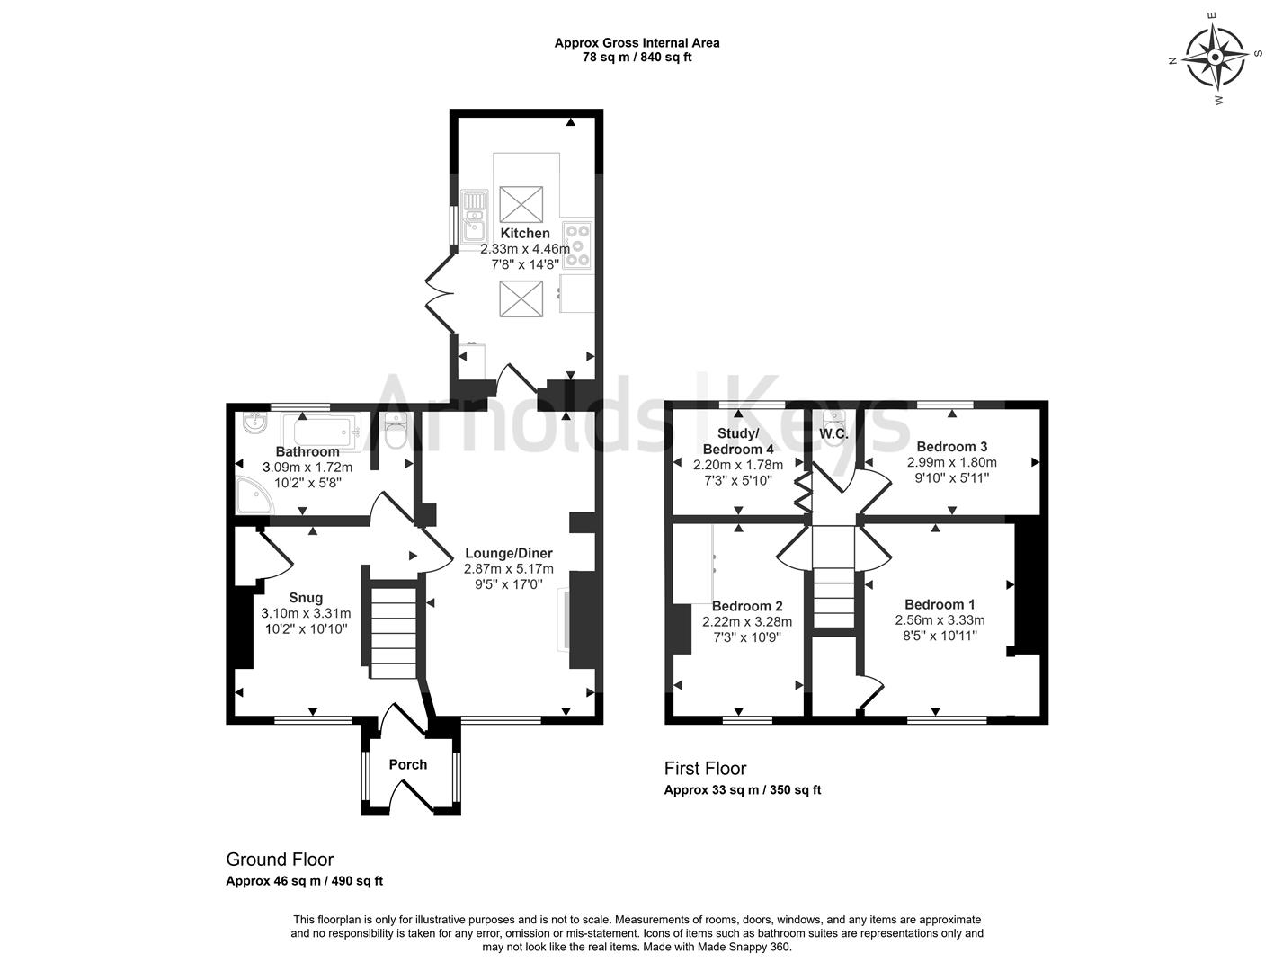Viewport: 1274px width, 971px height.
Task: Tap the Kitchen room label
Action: tap(524, 234)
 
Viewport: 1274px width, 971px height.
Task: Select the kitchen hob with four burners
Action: tap(577, 245)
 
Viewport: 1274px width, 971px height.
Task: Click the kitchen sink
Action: tap(473, 218)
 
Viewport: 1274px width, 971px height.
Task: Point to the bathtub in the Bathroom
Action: tap(320, 431)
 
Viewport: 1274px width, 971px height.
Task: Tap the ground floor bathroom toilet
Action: tap(395, 432)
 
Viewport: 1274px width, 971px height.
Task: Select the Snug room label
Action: tap(306, 598)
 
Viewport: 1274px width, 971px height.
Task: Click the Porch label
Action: tap(407, 765)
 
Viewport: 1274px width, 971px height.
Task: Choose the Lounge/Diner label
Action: tap(508, 554)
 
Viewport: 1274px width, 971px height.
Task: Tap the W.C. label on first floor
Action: tap(833, 434)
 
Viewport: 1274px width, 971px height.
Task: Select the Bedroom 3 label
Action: tap(951, 447)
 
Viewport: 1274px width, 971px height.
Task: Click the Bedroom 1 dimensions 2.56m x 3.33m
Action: tap(940, 620)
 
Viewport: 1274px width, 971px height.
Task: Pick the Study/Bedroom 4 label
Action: tap(738, 441)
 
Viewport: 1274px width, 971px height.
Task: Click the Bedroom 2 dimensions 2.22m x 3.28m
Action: tap(747, 621)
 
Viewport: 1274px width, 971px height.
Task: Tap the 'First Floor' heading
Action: tap(705, 769)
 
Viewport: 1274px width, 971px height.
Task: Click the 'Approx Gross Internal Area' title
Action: tap(637, 42)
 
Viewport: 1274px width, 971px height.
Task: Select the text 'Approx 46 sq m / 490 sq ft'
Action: tap(304, 881)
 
